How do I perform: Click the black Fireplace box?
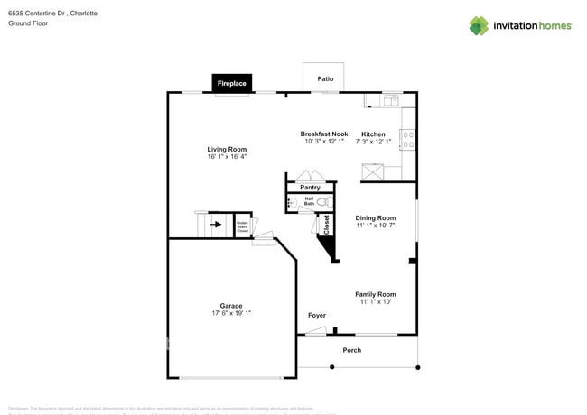pyautogui.click(x=231, y=83)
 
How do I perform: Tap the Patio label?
pyautogui.click(x=325, y=79)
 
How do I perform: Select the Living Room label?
pyautogui.click(x=227, y=149)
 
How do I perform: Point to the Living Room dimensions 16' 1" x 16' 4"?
pyautogui.click(x=227, y=157)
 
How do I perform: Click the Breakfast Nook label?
pyautogui.click(x=324, y=134)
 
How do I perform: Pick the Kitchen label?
pyautogui.click(x=373, y=134)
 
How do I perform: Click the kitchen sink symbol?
pyautogui.click(x=390, y=100)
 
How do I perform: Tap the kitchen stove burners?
pyautogui.click(x=408, y=139)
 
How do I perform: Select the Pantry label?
pyautogui.click(x=310, y=188)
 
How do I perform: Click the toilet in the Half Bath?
pyautogui.click(x=322, y=202)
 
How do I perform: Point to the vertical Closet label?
pyautogui.click(x=326, y=224)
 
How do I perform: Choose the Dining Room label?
pyautogui.click(x=375, y=217)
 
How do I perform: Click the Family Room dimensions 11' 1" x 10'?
pyautogui.click(x=375, y=302)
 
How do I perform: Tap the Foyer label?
pyautogui.click(x=317, y=315)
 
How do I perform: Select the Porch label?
pyautogui.click(x=351, y=350)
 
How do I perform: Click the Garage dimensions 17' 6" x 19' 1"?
pyautogui.click(x=230, y=313)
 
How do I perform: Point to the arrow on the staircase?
pyautogui.click(x=216, y=224)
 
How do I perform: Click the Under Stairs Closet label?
pyautogui.click(x=242, y=226)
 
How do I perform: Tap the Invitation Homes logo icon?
pyautogui.click(x=479, y=26)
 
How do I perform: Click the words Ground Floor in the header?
pyautogui.click(x=28, y=23)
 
